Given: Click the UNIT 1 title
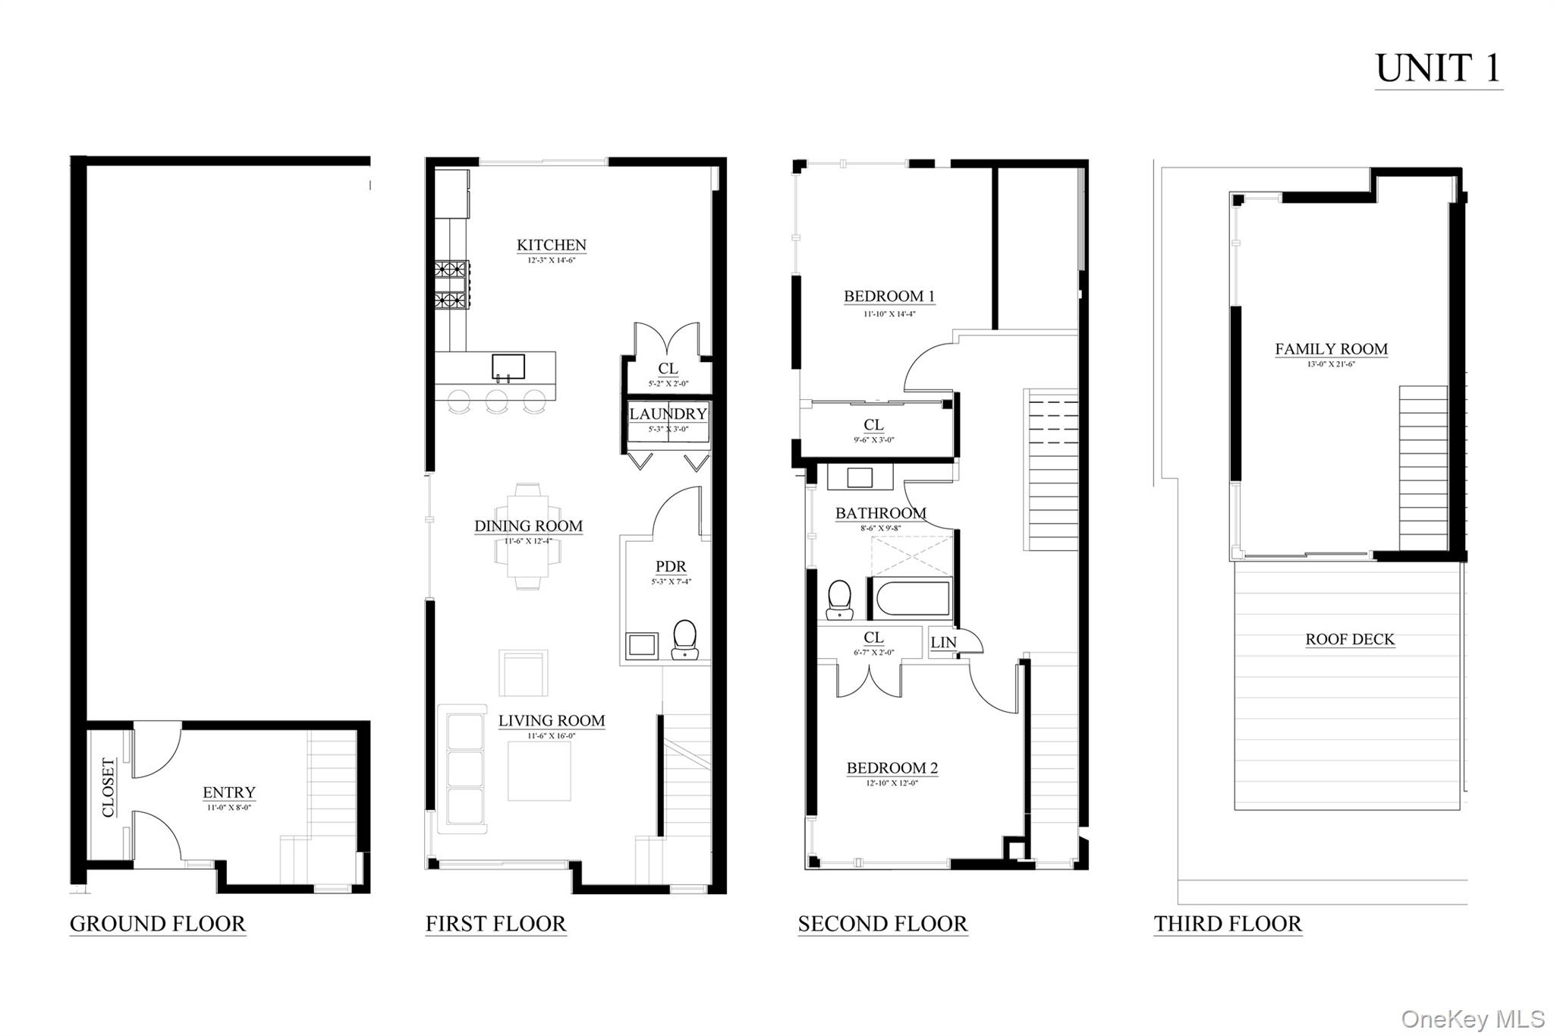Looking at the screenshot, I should coord(1438,69).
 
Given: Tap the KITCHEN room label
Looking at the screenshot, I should coord(551,245).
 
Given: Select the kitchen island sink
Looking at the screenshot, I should coord(508,367).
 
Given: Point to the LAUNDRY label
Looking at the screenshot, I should coord(668,414).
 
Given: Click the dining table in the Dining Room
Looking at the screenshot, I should coord(528,536).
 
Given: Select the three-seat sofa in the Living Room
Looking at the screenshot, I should coord(462,769).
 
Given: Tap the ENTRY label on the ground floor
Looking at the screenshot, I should coord(228,792).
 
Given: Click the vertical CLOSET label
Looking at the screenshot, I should coord(109,787).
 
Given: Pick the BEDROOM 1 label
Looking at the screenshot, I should coord(889,296).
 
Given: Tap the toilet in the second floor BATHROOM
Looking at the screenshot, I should coord(839,600).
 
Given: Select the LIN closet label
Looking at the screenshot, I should coord(943,643).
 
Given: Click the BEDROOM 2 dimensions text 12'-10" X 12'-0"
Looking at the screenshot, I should coord(892,783).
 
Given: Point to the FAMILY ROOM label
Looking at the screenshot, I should coord(1331,349).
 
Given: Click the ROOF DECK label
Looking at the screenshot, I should coord(1349,640).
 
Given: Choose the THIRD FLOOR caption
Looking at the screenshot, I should coord(1227,924).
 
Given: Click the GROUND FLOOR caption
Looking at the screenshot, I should coord(158,924).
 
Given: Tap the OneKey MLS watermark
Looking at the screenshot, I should coord(1472,1019).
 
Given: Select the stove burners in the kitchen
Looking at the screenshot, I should coord(451,285).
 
